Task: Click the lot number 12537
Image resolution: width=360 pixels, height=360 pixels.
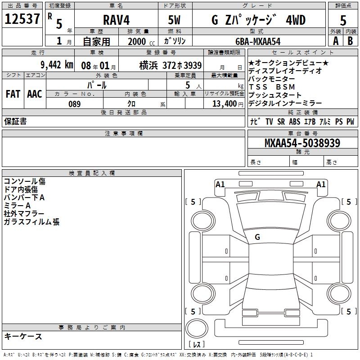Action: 22,19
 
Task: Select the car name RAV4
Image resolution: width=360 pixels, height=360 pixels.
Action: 116,20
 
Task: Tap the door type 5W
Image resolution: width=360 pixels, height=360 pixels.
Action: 174,20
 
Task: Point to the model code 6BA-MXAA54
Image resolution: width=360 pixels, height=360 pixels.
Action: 258,41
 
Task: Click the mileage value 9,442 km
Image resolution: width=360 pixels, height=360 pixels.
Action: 57,65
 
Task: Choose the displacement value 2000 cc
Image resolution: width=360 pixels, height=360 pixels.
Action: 141,41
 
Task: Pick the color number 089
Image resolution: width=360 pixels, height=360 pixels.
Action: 75,104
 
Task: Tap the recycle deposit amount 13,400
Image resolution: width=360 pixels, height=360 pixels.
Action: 225,104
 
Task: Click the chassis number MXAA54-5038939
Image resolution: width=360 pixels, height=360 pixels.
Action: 302,143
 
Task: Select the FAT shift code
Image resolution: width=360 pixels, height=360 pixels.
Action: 13,94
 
